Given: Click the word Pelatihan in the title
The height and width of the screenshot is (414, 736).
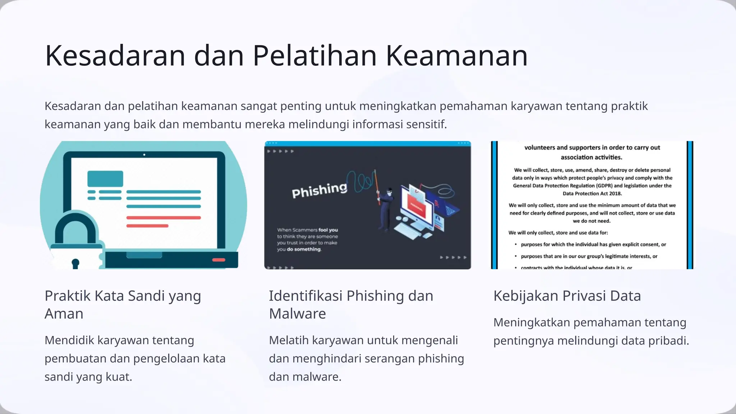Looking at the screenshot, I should [315, 56].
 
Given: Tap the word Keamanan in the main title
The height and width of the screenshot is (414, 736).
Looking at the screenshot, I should [456, 56].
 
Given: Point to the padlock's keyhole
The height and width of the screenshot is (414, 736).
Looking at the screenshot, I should [75, 263].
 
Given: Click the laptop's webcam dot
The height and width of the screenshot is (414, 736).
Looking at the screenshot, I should [144, 155].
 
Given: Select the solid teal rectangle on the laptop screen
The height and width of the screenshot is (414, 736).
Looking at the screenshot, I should [105, 179].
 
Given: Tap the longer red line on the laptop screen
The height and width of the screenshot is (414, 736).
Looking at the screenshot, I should [164, 218].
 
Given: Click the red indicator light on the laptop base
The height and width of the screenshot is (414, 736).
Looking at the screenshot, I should [218, 260].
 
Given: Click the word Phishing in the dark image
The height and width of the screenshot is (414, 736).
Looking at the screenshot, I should [319, 190].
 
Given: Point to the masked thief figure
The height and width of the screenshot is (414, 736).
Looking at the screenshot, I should [386, 208].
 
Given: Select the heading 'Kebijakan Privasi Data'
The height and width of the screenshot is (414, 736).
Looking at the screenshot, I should [567, 296].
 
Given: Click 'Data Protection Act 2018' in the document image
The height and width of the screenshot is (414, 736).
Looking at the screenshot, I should [592, 193].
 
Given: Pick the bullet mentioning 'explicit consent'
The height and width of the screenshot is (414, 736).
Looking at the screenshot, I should [593, 244].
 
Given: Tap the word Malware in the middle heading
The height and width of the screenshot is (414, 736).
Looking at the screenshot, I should [297, 314].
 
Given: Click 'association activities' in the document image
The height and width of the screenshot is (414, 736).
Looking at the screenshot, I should [591, 157].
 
